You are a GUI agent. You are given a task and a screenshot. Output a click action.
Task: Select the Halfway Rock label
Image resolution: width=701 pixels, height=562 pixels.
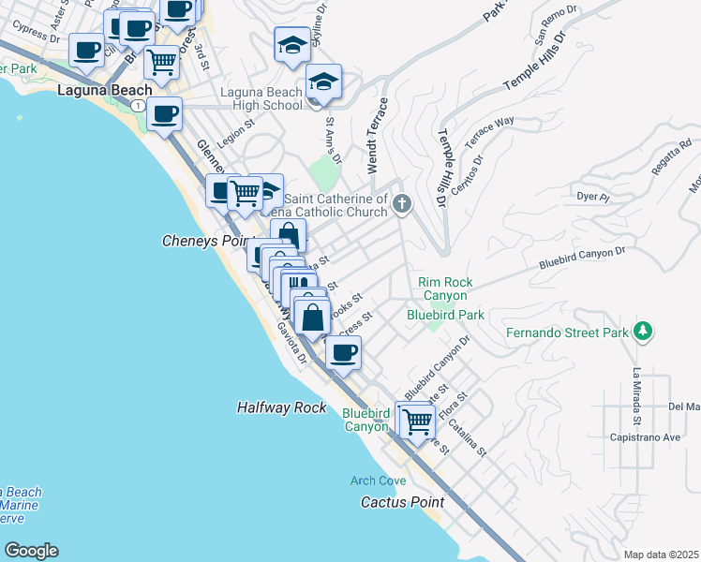pos(282,407)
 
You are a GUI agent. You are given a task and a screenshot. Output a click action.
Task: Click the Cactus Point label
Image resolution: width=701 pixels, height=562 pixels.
pos(402,502)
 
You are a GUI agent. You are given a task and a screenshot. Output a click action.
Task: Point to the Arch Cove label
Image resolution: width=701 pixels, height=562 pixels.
pos(378,481)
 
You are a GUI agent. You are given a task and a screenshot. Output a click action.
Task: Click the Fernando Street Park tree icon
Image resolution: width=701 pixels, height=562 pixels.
pos(642,331)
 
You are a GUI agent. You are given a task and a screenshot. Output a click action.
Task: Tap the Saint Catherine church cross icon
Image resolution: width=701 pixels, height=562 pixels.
pos(402,203)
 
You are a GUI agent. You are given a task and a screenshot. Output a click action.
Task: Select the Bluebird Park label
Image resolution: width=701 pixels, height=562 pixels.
pos(445,315)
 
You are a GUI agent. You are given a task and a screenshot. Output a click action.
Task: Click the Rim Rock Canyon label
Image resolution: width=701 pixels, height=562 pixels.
pos(445,288)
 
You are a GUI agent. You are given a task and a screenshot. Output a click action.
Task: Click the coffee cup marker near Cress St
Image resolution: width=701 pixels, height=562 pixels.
pos(344,353)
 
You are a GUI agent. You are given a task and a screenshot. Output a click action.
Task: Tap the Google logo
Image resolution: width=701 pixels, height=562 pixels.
pos(31,551)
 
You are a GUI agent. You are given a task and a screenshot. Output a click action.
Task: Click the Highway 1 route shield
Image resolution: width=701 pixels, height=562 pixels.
pos(139,107)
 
